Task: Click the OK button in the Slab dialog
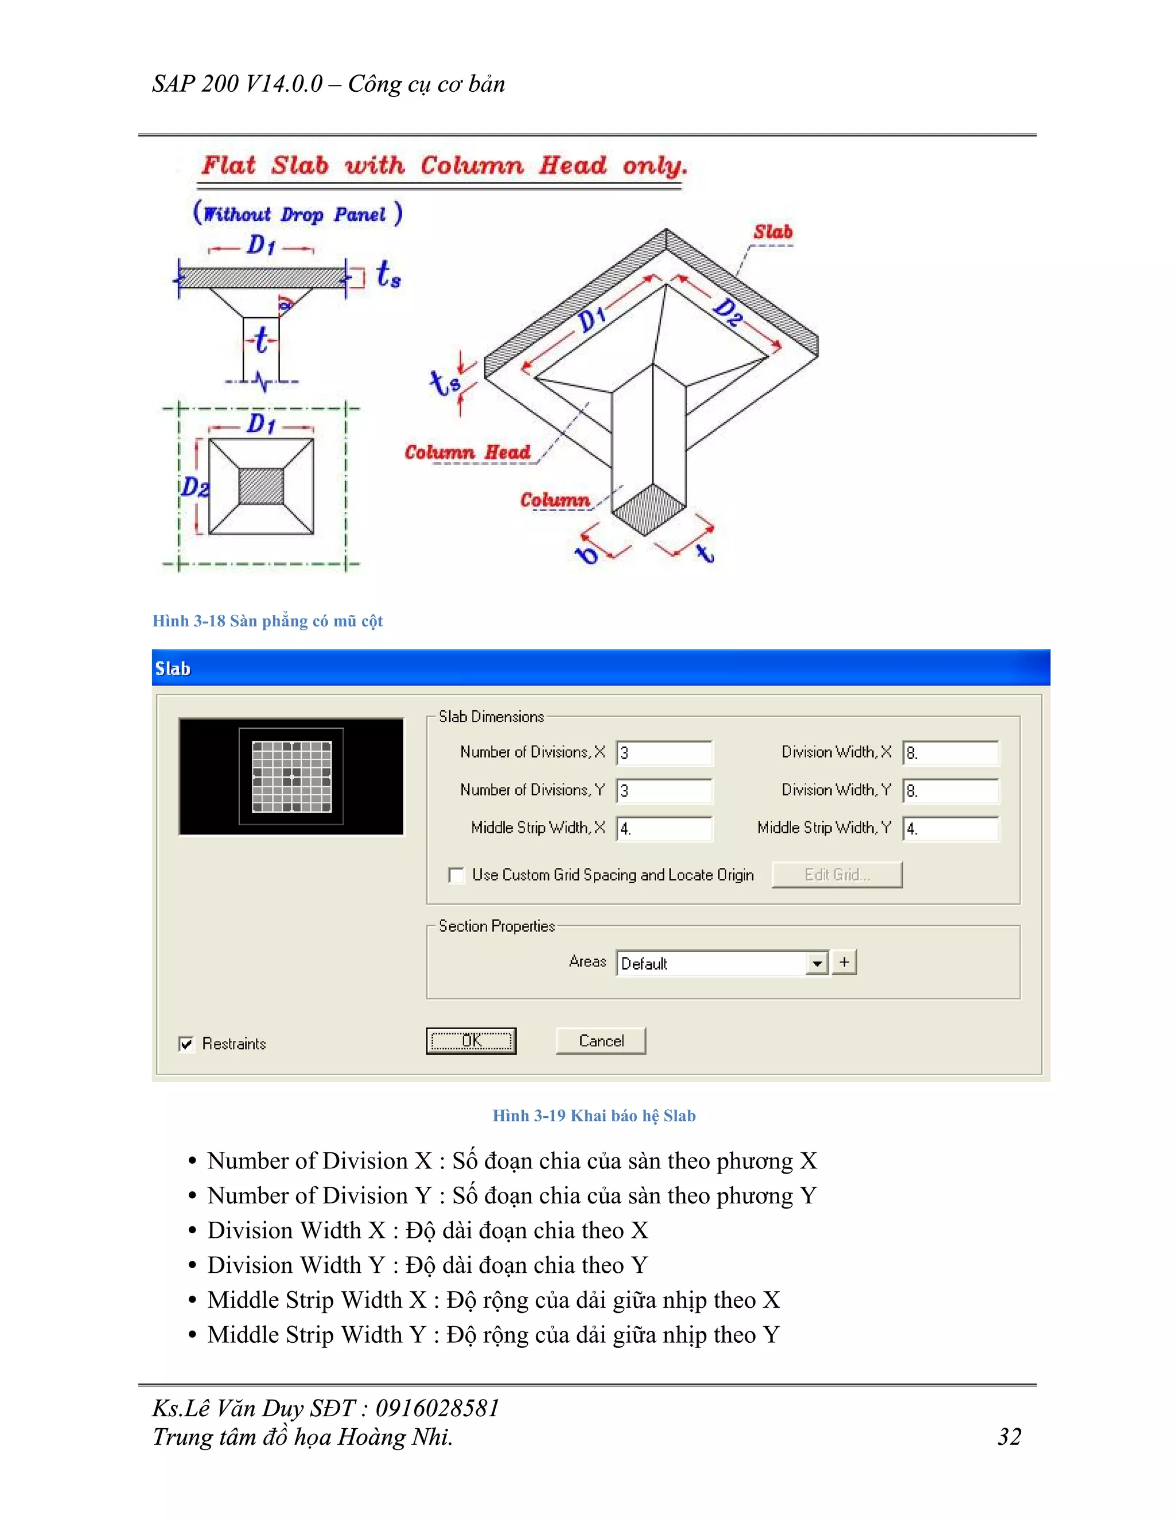(x=470, y=1040)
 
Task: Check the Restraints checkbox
(x=186, y=1043)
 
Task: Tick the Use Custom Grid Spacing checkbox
(x=457, y=875)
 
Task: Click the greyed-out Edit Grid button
(x=836, y=875)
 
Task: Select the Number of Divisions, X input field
(x=663, y=753)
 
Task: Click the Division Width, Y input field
(x=950, y=790)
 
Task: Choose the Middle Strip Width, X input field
(x=663, y=828)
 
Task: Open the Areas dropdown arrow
(x=817, y=963)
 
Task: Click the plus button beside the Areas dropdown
(x=845, y=962)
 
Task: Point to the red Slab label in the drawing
(x=773, y=232)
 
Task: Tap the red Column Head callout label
(x=467, y=453)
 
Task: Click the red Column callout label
(x=555, y=500)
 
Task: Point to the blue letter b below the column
(x=587, y=555)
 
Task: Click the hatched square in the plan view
(x=261, y=486)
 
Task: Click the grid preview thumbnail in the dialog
(x=291, y=776)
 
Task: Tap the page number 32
(x=1009, y=1436)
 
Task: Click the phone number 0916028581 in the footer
(x=437, y=1408)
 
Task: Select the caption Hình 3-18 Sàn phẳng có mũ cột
(x=267, y=621)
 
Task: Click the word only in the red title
(x=653, y=166)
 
